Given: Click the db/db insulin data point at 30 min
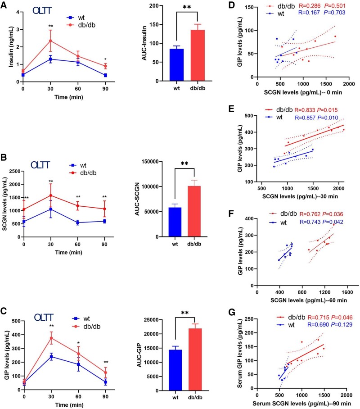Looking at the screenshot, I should tap(50, 41).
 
